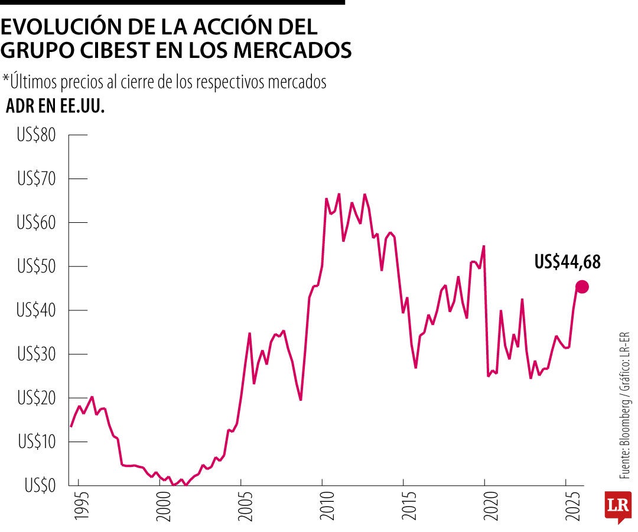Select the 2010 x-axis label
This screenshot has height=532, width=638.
point(323,507)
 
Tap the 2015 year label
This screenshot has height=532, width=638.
point(403,507)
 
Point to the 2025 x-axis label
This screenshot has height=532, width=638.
point(566,507)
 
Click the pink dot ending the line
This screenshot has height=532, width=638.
point(582,287)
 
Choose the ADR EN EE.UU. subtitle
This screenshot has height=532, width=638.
point(55,106)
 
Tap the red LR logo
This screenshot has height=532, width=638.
point(617,506)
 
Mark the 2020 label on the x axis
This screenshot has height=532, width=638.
point(485,507)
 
